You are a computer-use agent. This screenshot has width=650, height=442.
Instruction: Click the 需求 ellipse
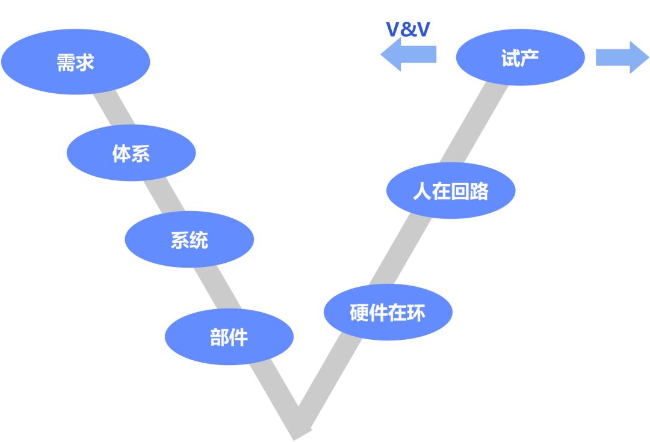75,63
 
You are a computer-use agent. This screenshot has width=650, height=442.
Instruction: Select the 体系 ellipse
131,153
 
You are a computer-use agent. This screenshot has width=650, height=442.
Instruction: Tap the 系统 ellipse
190,240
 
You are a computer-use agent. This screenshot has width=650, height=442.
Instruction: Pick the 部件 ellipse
229,337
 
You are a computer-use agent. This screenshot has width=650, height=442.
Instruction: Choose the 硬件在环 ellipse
388,312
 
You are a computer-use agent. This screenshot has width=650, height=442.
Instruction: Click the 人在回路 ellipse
451,191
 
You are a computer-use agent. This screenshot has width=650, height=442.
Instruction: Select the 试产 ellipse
520,58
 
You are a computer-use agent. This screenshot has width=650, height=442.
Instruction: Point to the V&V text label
407,29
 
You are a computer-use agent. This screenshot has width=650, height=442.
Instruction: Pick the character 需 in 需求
66,63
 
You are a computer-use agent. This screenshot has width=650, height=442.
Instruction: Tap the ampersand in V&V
408,29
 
